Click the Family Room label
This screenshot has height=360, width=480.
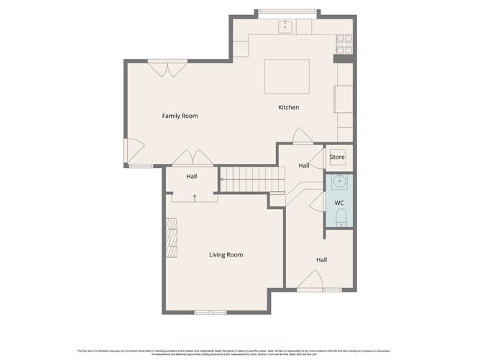pos(180,116)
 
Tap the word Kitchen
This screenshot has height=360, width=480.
pos(289,108)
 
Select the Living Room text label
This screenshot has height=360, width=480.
pos(226,254)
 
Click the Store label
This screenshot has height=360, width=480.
pos(337,157)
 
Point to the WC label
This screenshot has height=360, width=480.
pos(339,203)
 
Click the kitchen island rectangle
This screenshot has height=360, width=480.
pos(287,76)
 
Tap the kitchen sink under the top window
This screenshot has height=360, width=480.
pos(285,27)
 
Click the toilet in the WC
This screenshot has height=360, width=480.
pos(341,218)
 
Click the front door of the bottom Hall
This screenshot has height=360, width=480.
pos(310,281)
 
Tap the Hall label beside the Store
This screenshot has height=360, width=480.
pos(304,166)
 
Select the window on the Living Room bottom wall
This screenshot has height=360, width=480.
pos(211,311)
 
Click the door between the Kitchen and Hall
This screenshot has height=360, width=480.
pos(302,137)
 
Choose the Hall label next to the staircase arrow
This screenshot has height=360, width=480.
pos(192,177)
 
